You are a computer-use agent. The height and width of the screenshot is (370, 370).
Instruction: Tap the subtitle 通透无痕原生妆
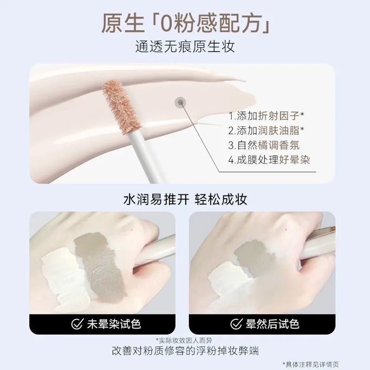pos(185,47)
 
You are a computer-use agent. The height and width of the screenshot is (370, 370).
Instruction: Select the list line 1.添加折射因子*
pos(266,116)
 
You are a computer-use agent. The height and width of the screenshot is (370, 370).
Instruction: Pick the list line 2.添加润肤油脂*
pos(266,130)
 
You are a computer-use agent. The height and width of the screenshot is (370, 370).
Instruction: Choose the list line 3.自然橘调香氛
pos(264,145)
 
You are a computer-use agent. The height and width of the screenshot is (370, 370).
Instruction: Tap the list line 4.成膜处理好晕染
pos(269,160)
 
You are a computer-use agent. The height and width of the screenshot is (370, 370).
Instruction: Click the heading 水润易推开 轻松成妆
pos(185,199)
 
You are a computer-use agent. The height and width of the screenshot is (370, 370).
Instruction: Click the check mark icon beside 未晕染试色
pos(77,324)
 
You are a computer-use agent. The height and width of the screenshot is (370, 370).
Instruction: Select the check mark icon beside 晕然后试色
pos(236,324)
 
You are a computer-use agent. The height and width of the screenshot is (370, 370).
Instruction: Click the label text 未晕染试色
pos(114,324)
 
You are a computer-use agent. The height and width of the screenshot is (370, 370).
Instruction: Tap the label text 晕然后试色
pos(273,324)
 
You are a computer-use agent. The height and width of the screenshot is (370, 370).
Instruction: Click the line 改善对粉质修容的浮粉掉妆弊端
pos(185,350)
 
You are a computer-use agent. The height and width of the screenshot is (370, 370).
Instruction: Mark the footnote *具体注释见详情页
pos(311,364)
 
